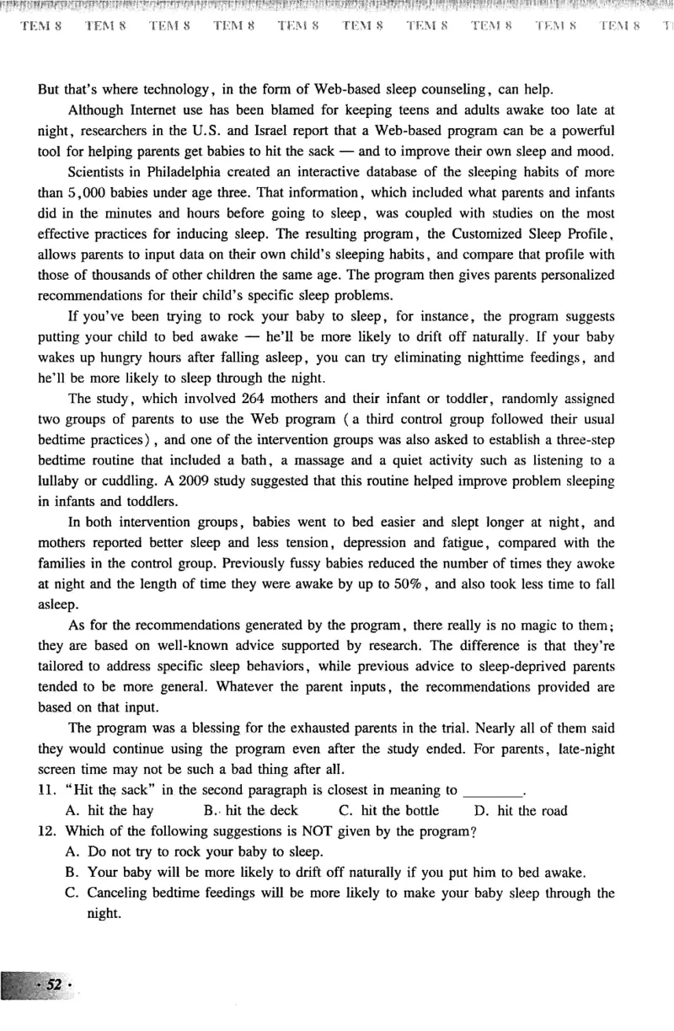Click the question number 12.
coord(46,830)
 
